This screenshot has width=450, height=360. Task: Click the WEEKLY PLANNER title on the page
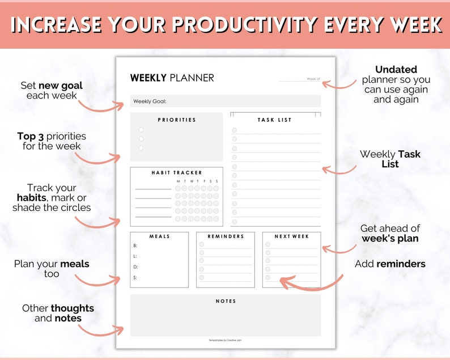coord(172,78)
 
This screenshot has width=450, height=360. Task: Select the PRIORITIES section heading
coord(177,120)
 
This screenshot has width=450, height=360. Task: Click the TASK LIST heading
coord(274,120)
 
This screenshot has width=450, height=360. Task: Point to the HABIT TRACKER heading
coord(177,173)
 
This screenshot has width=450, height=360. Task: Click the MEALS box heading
coord(159,236)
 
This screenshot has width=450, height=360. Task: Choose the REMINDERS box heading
coord(226,236)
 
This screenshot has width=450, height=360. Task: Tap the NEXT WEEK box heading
coord(292,236)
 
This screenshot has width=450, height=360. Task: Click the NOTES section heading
coord(226,301)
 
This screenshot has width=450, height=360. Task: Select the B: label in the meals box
coord(135,245)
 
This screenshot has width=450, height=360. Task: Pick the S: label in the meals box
coord(135,277)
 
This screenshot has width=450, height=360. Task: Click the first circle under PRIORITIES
coord(141,130)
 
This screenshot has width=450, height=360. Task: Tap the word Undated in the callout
coord(396,69)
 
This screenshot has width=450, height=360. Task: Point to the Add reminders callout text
coord(390,264)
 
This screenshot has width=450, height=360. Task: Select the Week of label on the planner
coord(313,79)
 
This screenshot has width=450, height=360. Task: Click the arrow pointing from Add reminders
coord(312,282)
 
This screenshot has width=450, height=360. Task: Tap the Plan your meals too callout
coord(52,269)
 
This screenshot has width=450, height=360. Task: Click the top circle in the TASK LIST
coord(234,130)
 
